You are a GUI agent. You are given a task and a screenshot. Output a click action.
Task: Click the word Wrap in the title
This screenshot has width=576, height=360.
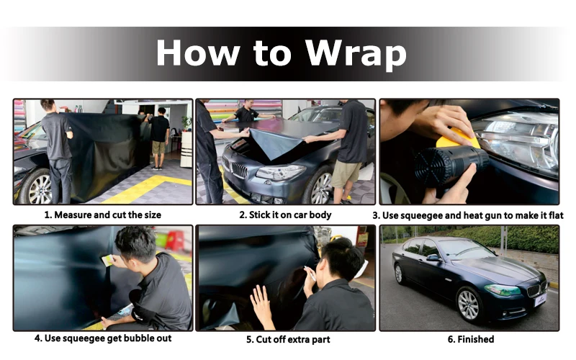pyautogui.click(x=356, y=53)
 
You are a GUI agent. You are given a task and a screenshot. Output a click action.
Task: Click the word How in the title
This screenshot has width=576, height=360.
pyautogui.click(x=199, y=53)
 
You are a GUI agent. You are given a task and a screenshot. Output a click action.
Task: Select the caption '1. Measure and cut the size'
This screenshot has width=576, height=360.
pyautogui.click(x=103, y=215)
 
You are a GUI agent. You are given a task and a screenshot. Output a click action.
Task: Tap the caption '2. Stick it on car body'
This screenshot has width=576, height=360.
pyautogui.click(x=285, y=215)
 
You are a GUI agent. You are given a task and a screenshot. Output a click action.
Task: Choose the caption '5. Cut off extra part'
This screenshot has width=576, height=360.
pyautogui.click(x=289, y=339)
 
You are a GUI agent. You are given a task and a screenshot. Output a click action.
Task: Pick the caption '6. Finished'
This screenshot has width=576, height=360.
pyautogui.click(x=471, y=339)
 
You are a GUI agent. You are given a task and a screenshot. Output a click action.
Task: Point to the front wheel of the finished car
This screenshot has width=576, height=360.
pyautogui.click(x=469, y=305)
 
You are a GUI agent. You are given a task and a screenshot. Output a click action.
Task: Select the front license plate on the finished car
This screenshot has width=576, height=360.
pyautogui.click(x=541, y=300)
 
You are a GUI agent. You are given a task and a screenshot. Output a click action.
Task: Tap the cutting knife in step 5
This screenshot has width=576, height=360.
pyautogui.click(x=310, y=274)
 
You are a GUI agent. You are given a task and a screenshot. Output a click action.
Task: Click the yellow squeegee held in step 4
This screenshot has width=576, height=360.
pyautogui.click(x=107, y=261)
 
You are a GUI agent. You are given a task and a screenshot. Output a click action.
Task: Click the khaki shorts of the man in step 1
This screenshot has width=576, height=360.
pyautogui.click(x=158, y=148)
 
